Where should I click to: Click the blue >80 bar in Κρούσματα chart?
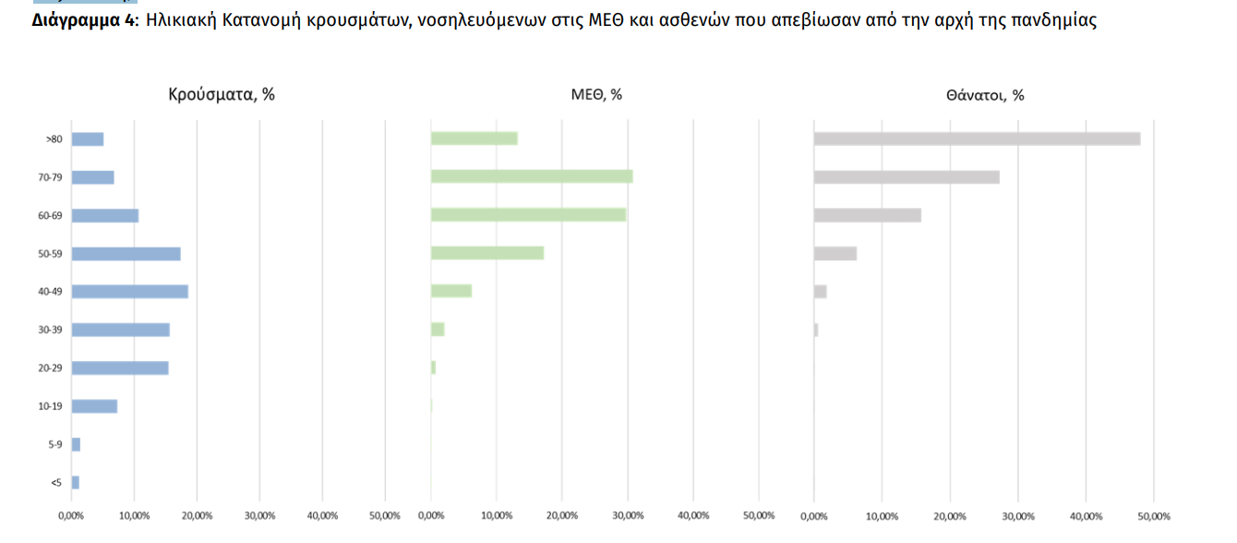click(x=88, y=139)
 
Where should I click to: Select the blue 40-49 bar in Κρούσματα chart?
click(x=129, y=292)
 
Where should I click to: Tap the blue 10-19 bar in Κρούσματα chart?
click(x=94, y=406)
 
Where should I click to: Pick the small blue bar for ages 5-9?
click(x=76, y=444)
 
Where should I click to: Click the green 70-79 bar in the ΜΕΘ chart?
click(x=532, y=176)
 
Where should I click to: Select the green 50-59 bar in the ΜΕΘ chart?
click(x=487, y=253)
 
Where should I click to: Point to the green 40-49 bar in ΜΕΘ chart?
click(x=451, y=291)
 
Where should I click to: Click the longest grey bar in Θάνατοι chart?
click(x=977, y=139)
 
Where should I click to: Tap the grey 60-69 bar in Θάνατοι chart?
click(x=867, y=215)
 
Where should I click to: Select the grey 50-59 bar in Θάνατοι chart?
click(x=835, y=253)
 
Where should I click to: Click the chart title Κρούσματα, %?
click(x=222, y=94)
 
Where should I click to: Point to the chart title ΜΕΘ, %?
click(x=596, y=94)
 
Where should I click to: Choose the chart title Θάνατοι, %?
click(x=985, y=94)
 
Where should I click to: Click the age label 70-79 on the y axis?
click(x=51, y=177)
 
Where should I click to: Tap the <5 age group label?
click(x=55, y=483)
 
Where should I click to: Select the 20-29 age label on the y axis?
click(x=51, y=368)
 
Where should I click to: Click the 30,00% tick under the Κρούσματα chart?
click(x=259, y=515)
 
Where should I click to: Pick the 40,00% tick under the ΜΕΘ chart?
click(x=693, y=515)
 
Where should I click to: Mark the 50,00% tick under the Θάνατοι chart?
click(x=1154, y=515)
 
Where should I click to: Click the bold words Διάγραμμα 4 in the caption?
click(x=84, y=20)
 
